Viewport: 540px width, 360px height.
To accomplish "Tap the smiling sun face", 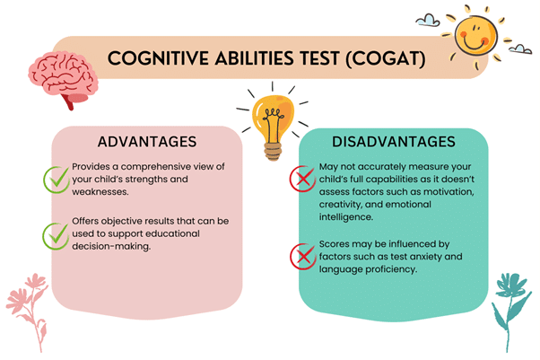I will (x=475, y=34).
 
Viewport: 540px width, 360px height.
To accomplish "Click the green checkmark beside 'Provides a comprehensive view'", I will (x=56, y=179).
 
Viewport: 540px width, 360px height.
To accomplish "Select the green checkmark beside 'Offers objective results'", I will (x=56, y=234).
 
